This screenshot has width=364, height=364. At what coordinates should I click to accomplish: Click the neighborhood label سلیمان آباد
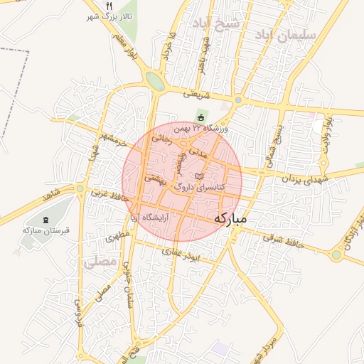291,34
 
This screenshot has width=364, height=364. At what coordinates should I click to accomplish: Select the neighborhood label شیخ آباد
220,23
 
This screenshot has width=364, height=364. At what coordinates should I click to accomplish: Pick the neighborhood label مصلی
99,262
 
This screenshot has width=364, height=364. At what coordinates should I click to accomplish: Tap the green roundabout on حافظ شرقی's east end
336,255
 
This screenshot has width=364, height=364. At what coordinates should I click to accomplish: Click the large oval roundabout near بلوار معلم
154,80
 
